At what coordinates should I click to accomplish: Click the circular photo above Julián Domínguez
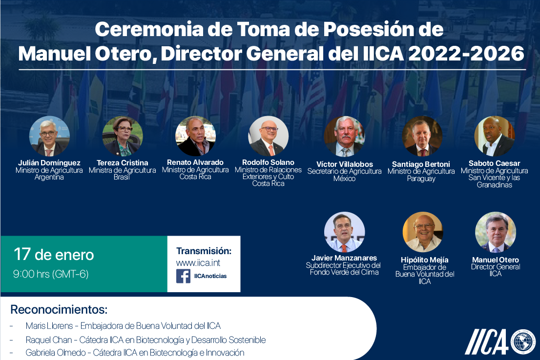coord(49,136)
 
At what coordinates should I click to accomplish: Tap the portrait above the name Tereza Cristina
coord(122,136)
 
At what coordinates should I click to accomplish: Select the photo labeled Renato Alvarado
coord(195,136)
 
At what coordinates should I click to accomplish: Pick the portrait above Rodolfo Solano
coord(268,136)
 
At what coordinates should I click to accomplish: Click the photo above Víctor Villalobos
coord(344,136)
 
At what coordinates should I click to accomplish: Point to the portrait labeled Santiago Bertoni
coord(422,136)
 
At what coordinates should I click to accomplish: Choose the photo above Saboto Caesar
coord(495,136)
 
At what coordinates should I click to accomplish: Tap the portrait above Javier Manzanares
coord(344,232)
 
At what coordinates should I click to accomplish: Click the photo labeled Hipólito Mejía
coord(422,232)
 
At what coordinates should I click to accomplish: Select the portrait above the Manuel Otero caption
coord(496,232)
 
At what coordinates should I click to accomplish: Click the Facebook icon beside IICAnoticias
coord(183,276)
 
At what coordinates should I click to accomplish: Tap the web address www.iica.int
coord(198,263)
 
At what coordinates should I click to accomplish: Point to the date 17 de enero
coord(54,255)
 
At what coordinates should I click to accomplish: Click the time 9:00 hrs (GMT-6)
coord(51,274)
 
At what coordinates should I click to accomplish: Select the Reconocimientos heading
coord(59,309)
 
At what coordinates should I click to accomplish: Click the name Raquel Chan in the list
coord(49,340)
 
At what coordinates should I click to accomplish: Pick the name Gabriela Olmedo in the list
coord(56,353)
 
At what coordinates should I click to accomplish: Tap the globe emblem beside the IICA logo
coord(523,342)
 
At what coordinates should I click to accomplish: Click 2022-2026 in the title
coord(466,54)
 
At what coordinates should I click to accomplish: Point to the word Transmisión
coord(204,251)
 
